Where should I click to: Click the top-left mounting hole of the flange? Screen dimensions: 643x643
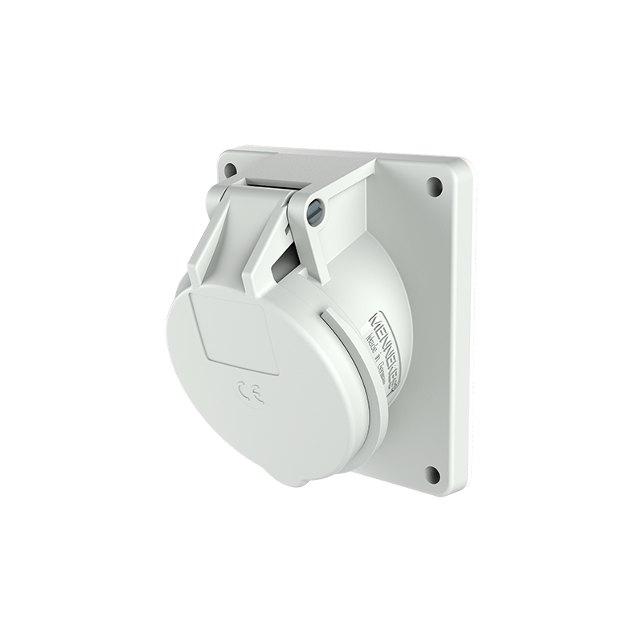[231, 170]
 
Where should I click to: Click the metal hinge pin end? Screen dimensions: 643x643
[316, 211]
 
